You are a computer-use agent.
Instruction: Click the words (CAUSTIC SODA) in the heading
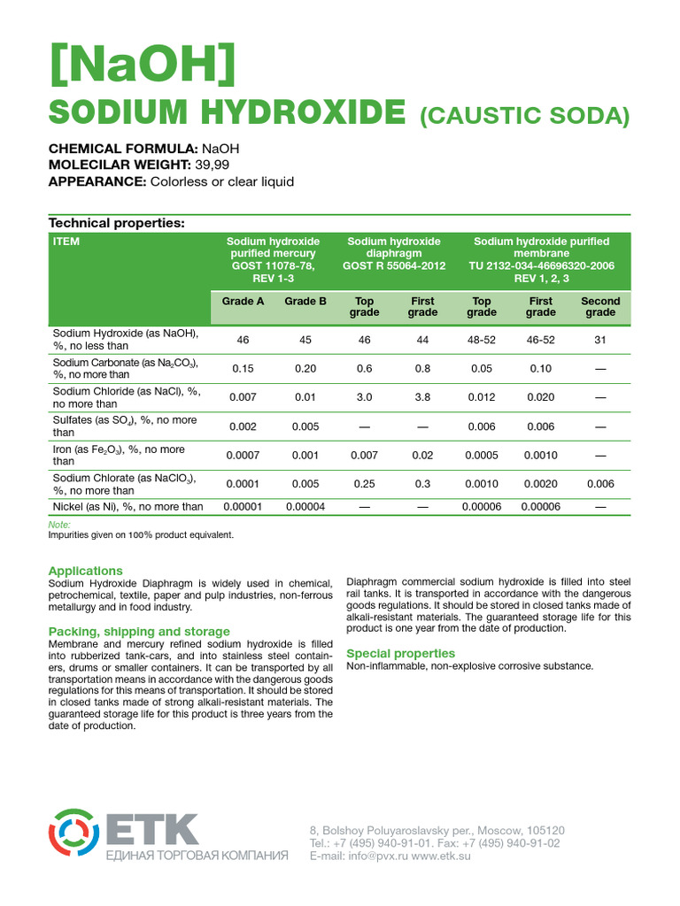point(523,115)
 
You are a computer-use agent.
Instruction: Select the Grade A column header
point(243,301)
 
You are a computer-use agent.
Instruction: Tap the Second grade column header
point(600,306)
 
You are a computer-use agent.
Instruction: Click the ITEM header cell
point(66,242)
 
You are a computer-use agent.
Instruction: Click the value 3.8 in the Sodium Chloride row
point(422,397)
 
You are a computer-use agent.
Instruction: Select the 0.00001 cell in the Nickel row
point(243,507)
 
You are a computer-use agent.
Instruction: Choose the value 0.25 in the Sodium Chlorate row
point(364,484)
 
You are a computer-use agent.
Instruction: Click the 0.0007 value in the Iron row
point(243,455)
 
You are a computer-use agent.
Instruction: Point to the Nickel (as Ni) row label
point(127,507)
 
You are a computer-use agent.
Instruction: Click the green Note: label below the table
point(58,525)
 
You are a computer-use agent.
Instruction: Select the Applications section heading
point(86,571)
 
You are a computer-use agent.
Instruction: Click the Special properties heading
point(400,653)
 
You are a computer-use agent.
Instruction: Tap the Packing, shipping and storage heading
point(139,631)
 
